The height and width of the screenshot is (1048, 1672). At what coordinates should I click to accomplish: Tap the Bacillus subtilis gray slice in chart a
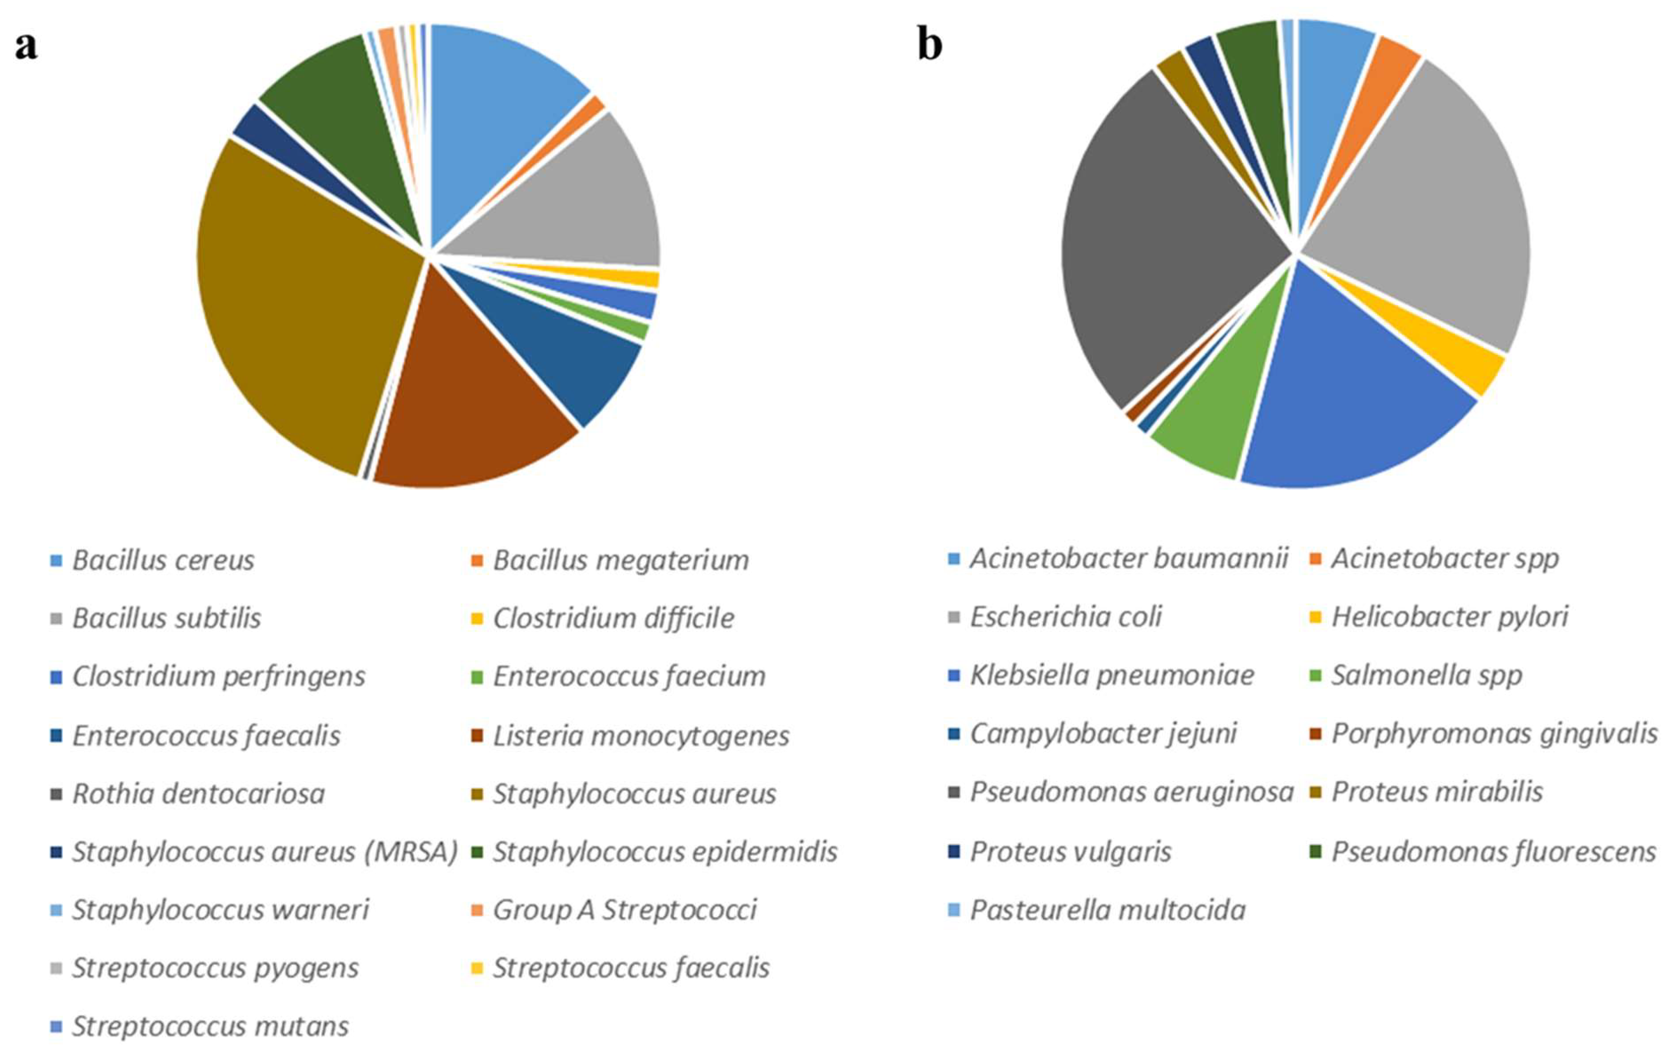tap(568, 201)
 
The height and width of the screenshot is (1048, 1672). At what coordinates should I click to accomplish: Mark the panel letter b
tap(930, 45)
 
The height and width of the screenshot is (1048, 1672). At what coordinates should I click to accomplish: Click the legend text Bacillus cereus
tap(163, 560)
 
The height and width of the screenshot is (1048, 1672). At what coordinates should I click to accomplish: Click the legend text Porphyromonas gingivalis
tap(1494, 733)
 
